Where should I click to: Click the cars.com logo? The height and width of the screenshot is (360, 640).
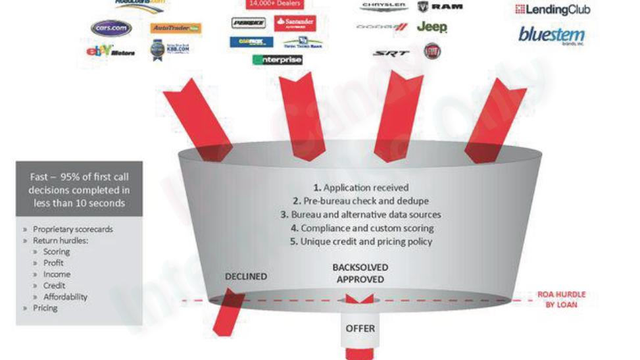coord(111,28)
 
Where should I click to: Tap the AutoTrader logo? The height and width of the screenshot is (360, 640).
coord(176,28)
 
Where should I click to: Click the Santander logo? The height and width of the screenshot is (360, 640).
coord(295,23)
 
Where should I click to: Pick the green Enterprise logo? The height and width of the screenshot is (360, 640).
coord(278,60)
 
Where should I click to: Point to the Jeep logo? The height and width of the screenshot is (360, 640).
coord(431,27)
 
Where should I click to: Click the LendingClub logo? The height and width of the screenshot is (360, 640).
coord(553,9)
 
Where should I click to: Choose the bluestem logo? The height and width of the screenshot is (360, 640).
coord(551,34)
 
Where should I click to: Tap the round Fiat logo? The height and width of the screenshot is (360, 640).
coord(432,51)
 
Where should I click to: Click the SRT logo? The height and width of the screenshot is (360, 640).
coord(391,53)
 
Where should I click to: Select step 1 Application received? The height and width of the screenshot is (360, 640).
coord(360,188)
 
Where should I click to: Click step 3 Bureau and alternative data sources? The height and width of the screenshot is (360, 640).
coord(360,215)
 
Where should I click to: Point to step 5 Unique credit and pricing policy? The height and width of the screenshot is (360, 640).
coord(360,242)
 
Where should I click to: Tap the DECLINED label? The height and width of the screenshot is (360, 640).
coord(246,276)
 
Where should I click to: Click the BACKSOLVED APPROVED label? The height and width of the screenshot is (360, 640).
coord(360,273)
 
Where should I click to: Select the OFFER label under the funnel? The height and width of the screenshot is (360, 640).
coord(360,328)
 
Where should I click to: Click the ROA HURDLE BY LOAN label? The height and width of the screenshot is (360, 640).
coord(561,299)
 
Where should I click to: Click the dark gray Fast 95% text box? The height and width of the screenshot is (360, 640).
coord(79,190)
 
